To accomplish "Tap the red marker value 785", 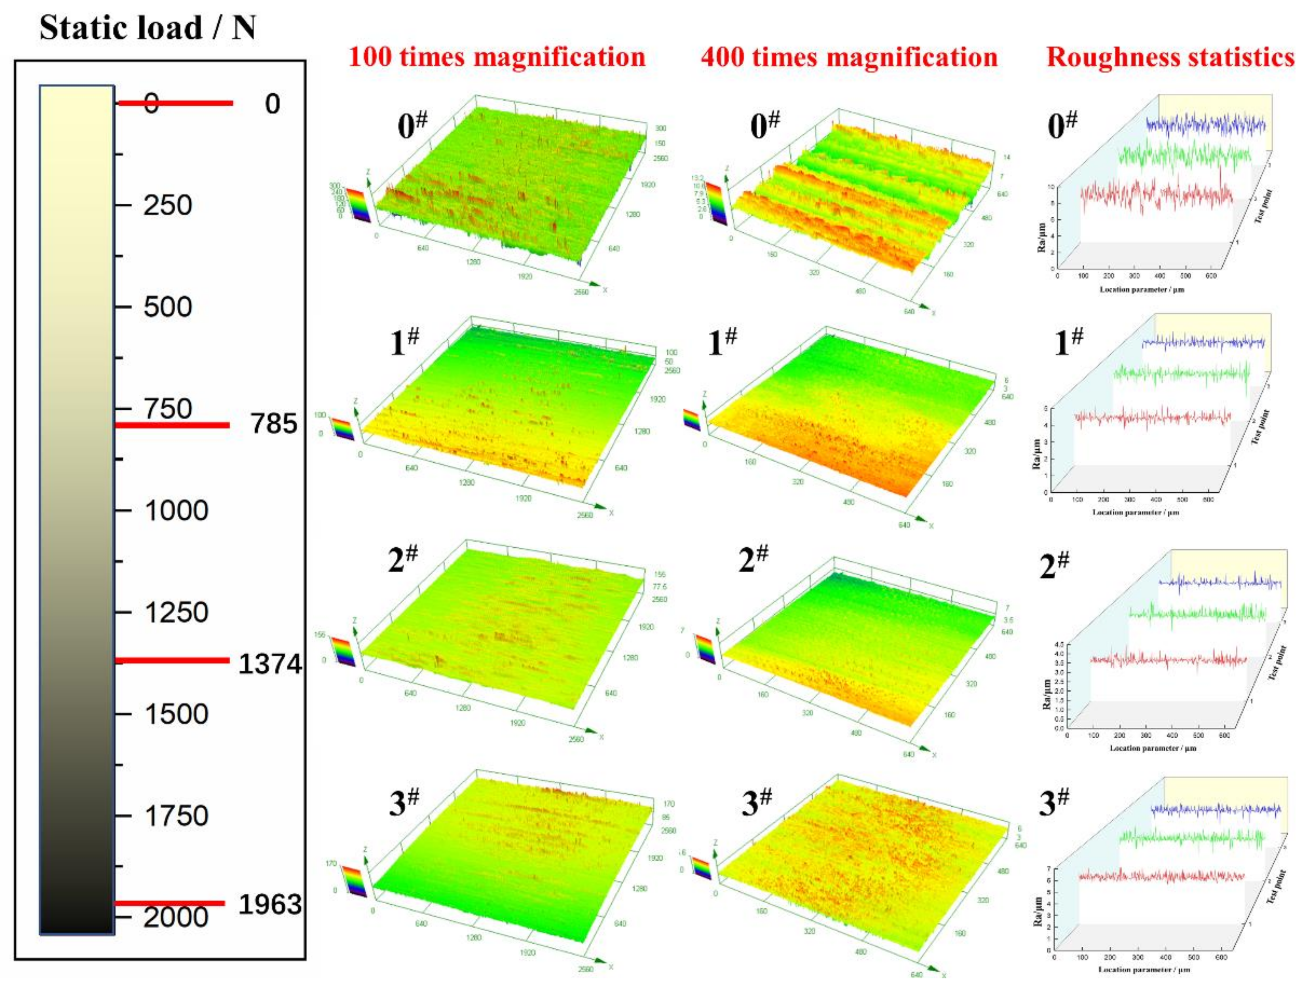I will [x=273, y=424].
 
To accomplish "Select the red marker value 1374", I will [x=270, y=664].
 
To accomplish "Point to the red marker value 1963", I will [x=270, y=904].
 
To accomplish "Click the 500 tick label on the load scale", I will [x=168, y=307].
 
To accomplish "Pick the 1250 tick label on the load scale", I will [x=176, y=612].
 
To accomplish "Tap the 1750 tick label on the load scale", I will [x=176, y=816].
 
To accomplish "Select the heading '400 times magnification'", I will [x=849, y=57].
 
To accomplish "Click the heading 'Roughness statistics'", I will [x=1170, y=57].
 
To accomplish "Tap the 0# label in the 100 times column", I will [x=412, y=125].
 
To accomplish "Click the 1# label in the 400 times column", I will [x=723, y=342].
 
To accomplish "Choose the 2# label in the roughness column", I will [x=1054, y=565].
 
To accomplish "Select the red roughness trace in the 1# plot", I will [x=1151, y=418].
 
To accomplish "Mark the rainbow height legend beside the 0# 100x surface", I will [x=358, y=204].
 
